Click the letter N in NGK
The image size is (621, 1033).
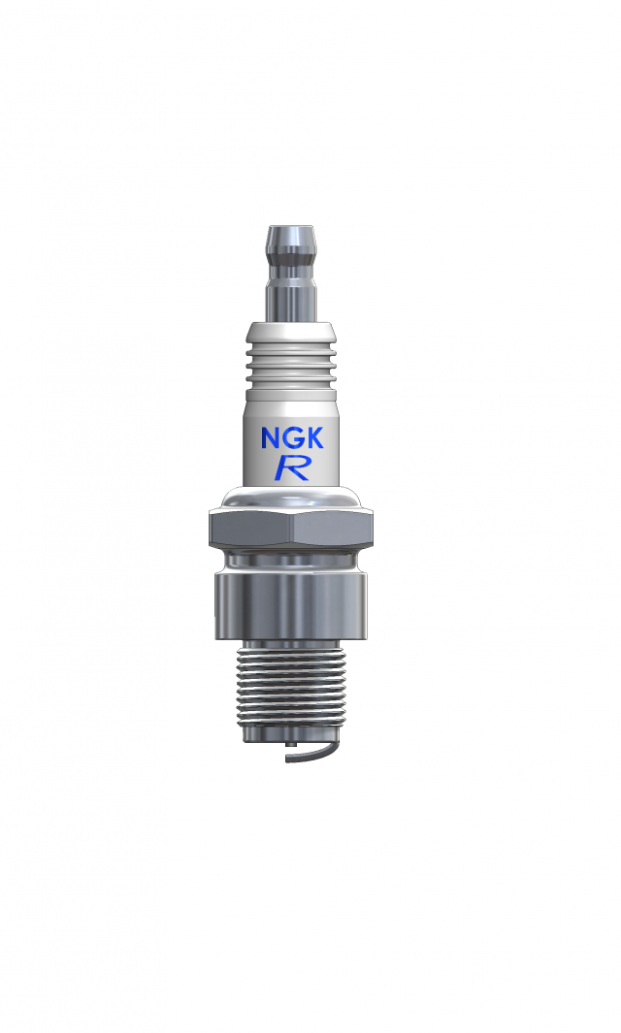[x=271, y=437]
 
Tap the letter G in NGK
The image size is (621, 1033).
[x=295, y=437]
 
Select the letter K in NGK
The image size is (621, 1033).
[x=319, y=437]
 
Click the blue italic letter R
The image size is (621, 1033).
[x=292, y=468]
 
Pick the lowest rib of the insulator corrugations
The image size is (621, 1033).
[x=290, y=383]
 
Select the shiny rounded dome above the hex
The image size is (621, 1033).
[x=291, y=500]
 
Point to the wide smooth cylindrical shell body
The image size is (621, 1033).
[x=291, y=606]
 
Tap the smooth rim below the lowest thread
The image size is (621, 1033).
[x=291, y=737]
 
